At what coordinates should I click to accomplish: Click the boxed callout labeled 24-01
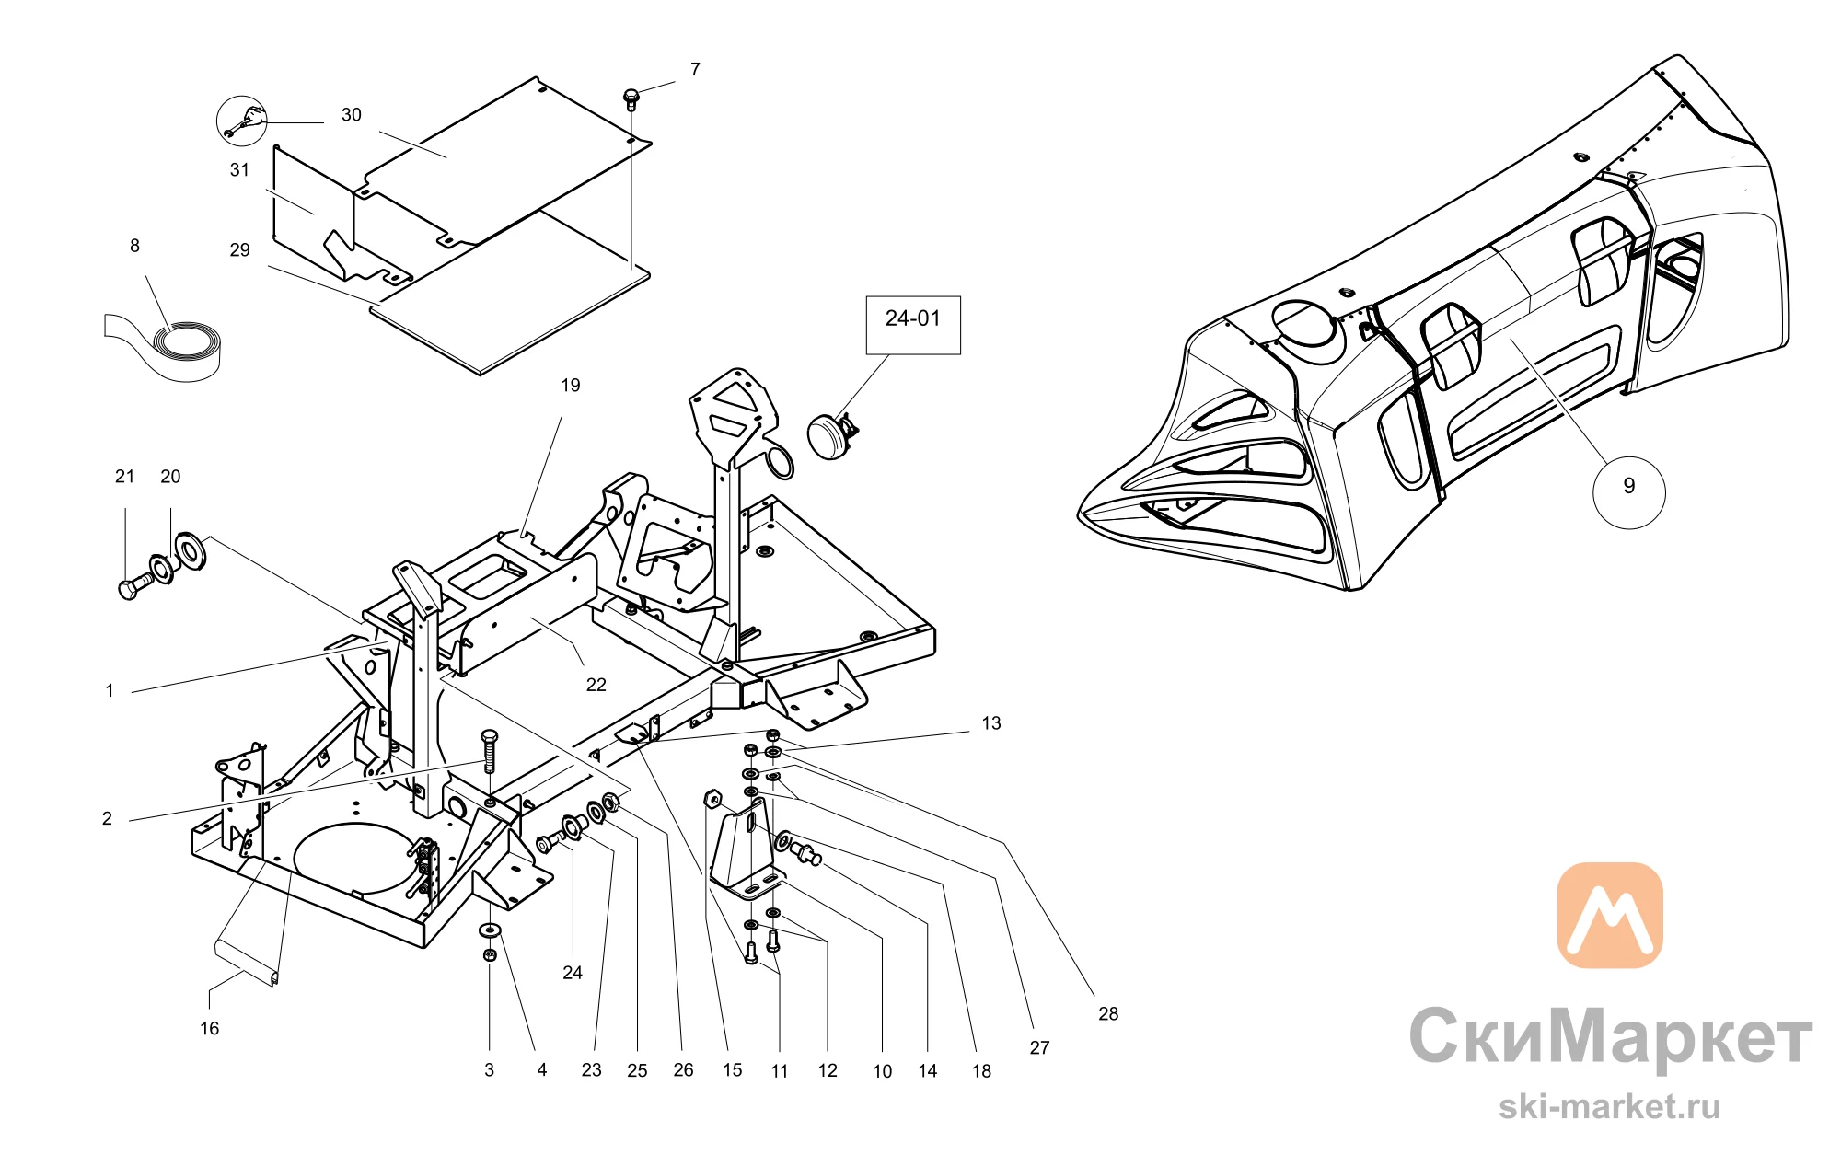point(913,325)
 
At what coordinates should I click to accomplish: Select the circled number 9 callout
point(1628,491)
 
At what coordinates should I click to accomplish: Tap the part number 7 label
point(695,69)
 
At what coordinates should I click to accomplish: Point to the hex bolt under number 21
point(136,585)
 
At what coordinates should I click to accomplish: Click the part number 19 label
point(571,385)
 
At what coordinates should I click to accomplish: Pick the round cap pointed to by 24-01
point(831,435)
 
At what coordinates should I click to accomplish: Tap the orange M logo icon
point(1610,915)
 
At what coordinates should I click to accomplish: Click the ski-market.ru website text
point(1609,1106)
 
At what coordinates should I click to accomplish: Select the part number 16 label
point(210,1028)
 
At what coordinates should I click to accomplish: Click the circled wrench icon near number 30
point(241,121)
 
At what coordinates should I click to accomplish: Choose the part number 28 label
point(1108,1013)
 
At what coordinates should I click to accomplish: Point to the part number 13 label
point(991,723)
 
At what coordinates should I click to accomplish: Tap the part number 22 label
point(596,685)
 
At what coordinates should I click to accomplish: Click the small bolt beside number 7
point(631,98)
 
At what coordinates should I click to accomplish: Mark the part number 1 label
point(110,690)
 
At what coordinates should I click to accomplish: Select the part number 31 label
point(240,169)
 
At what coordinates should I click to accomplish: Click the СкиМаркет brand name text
point(1610,1036)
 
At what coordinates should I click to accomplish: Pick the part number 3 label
point(490,1070)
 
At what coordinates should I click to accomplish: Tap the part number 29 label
point(240,249)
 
